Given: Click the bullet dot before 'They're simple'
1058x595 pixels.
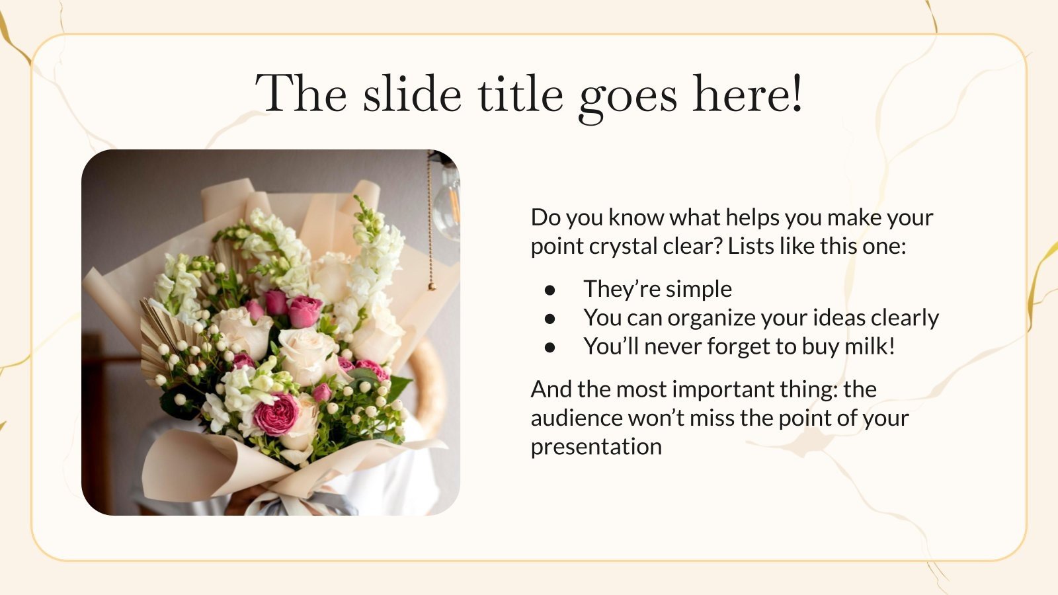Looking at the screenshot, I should click(550, 290).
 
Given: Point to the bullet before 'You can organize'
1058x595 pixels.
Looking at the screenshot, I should click(550, 319).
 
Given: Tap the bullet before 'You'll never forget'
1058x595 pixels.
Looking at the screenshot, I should click(550, 347).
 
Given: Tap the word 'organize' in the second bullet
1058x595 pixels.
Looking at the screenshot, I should click(711, 319).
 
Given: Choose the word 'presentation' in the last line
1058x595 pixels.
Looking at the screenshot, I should click(596, 447).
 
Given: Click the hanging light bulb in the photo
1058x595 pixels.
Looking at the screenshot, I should click(447, 205).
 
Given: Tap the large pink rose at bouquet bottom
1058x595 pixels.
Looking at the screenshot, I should click(275, 415).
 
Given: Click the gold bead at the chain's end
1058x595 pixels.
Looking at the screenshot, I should click(432, 287).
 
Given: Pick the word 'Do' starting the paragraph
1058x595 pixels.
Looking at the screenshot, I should click(546, 218).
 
